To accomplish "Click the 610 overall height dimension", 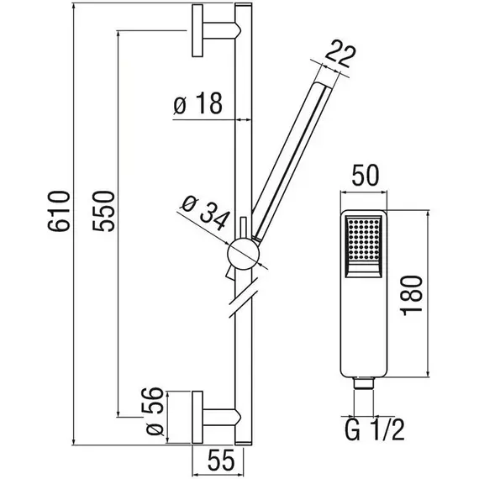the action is tap(59, 211).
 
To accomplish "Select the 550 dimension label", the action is tap(104, 211).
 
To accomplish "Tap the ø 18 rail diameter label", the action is tap(198, 103).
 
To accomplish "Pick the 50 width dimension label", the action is tap(365, 176).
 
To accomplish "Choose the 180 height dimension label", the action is tap(411, 295).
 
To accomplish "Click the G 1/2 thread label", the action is tap(375, 429).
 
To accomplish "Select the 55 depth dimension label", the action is tap(221, 460).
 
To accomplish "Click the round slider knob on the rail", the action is tap(244, 254).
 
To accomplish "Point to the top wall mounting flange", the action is tap(197, 30).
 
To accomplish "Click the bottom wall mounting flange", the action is tap(197, 417).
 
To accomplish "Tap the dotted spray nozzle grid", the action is tap(364, 239).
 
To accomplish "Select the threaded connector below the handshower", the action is tap(364, 383).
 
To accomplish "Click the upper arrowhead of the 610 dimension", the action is tap(73, 7).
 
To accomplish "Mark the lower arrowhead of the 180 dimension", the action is tap(428, 372).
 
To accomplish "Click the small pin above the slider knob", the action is tap(244, 228).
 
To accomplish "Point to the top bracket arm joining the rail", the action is tap(222, 30).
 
